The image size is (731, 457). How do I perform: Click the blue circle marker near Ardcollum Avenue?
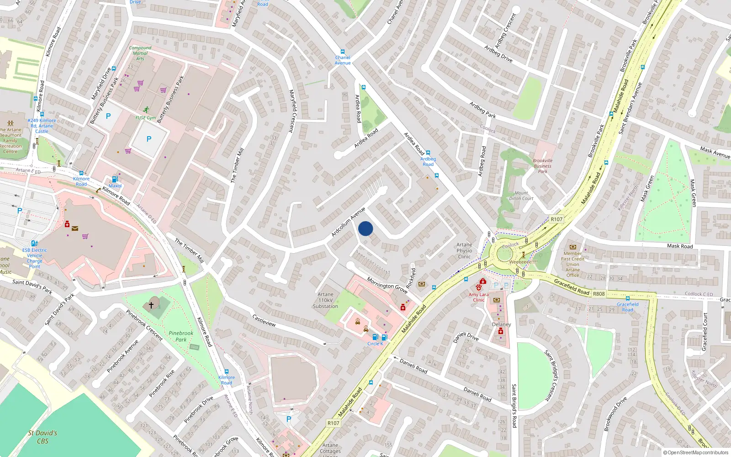pos(365,228)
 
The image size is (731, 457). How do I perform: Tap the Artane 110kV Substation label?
pos(325,300)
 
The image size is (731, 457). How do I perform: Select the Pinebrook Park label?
pos(181,336)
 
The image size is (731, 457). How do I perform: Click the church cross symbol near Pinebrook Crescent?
pos(151,305)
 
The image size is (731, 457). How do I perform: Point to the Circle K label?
pos(375,344)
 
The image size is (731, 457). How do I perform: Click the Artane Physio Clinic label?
pos(464,250)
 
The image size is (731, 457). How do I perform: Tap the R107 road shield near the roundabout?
pos(556,219)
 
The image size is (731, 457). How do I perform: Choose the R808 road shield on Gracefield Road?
pos(599,294)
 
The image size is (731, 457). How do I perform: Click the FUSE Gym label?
pos(146,118)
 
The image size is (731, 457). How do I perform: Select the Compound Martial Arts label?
pos(140,53)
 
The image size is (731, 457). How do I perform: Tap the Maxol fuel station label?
pos(115,186)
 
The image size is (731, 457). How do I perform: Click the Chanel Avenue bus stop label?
pos(343,60)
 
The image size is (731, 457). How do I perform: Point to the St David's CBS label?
pos(42,437)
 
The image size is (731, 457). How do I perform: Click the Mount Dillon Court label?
pos(521,196)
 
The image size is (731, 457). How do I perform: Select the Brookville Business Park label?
pos(542,166)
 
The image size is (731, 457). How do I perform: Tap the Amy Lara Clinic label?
pos(478,297)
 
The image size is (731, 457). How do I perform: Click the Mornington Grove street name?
pos(387,286)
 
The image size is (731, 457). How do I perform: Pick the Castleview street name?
pos(264,320)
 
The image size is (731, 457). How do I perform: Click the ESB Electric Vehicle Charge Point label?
pos(35,258)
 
